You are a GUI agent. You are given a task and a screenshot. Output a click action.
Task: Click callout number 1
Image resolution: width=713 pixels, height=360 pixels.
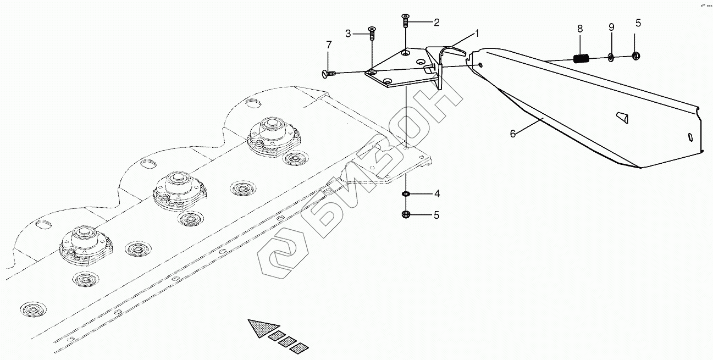click(477, 34)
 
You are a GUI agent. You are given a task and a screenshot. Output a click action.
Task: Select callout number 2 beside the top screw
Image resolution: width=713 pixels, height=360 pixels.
click(436, 23)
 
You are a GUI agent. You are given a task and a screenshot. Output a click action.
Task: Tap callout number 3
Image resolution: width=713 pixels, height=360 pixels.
click(348, 34)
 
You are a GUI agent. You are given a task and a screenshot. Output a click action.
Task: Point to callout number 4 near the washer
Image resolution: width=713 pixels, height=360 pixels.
click(436, 193)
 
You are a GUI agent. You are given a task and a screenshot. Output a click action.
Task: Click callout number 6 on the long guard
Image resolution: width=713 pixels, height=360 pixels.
click(513, 134)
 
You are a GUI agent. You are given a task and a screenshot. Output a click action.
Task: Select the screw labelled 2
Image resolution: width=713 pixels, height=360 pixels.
click(405, 21)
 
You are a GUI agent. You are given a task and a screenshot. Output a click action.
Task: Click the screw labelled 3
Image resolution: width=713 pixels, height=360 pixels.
click(372, 34)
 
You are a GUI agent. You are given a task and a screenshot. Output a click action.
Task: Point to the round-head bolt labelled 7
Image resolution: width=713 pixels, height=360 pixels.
click(325, 73)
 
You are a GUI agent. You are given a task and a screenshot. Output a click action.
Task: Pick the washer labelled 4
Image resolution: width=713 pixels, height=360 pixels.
click(406, 194)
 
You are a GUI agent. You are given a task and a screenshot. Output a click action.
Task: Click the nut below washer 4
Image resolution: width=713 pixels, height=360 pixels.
click(406, 214)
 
